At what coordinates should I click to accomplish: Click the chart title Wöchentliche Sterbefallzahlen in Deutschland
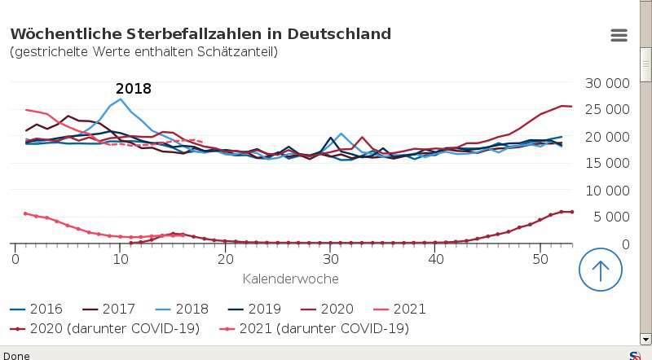click(200, 34)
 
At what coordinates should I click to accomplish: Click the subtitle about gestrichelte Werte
click(143, 52)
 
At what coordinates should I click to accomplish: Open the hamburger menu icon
click(619, 35)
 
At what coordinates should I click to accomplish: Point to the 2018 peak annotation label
click(134, 89)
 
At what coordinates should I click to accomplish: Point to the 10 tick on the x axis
click(121, 259)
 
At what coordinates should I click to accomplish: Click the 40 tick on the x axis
click(436, 259)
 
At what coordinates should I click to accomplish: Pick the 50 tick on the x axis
click(541, 259)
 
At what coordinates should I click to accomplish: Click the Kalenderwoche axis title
click(290, 279)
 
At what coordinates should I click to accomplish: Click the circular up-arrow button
click(601, 270)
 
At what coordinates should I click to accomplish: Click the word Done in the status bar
click(16, 355)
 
